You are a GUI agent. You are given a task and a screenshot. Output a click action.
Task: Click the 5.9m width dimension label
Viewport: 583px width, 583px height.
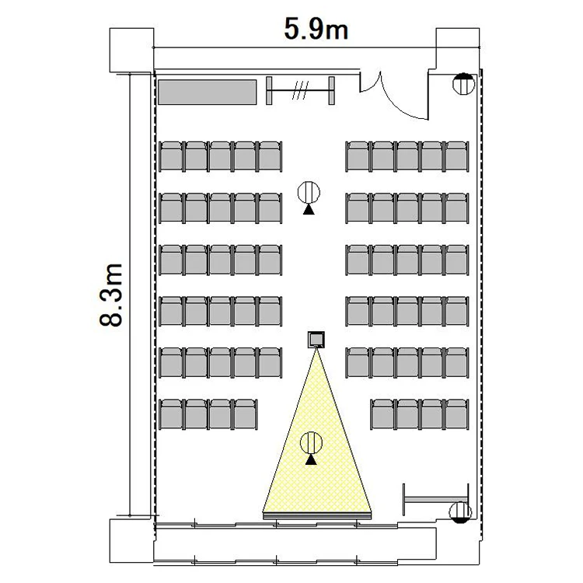pos(316,29)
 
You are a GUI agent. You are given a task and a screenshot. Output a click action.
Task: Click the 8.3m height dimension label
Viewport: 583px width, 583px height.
pos(111,295)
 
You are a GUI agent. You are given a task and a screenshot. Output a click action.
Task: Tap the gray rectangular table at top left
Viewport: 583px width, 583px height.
pos(207,92)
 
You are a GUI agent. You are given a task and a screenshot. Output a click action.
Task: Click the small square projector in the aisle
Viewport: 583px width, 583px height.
pos(316,340)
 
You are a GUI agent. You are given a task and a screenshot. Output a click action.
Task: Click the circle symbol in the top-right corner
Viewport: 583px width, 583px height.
pos(463,84)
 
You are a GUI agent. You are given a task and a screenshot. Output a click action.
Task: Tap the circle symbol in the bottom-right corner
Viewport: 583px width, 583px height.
pos(460,512)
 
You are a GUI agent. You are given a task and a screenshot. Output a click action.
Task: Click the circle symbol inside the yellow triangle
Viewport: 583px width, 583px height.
pos(311,442)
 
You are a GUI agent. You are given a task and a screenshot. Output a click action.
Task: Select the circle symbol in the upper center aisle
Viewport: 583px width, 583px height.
pos(309,192)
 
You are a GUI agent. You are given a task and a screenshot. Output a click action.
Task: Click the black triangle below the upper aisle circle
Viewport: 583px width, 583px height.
pos(309,210)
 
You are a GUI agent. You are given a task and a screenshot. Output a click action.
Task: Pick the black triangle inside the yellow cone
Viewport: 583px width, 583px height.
pos(311,460)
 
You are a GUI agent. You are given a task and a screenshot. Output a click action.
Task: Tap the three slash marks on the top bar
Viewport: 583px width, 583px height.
pos(300,90)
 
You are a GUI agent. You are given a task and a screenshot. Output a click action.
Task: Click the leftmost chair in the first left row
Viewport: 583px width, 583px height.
pos(171,156)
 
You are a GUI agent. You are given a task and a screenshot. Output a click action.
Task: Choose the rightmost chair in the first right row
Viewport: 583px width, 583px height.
pos(457,156)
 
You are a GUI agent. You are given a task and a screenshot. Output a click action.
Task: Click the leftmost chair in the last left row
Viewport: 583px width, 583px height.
pos(171,414)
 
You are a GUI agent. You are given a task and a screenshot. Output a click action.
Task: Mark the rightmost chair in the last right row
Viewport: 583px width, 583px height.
pos(457,414)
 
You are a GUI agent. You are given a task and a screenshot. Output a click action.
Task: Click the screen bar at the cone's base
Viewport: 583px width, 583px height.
pos(317,515)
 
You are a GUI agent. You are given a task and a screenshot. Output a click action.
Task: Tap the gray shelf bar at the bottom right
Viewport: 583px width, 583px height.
pos(436,500)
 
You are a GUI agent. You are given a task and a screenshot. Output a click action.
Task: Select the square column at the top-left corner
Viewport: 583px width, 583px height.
pos(131,50)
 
